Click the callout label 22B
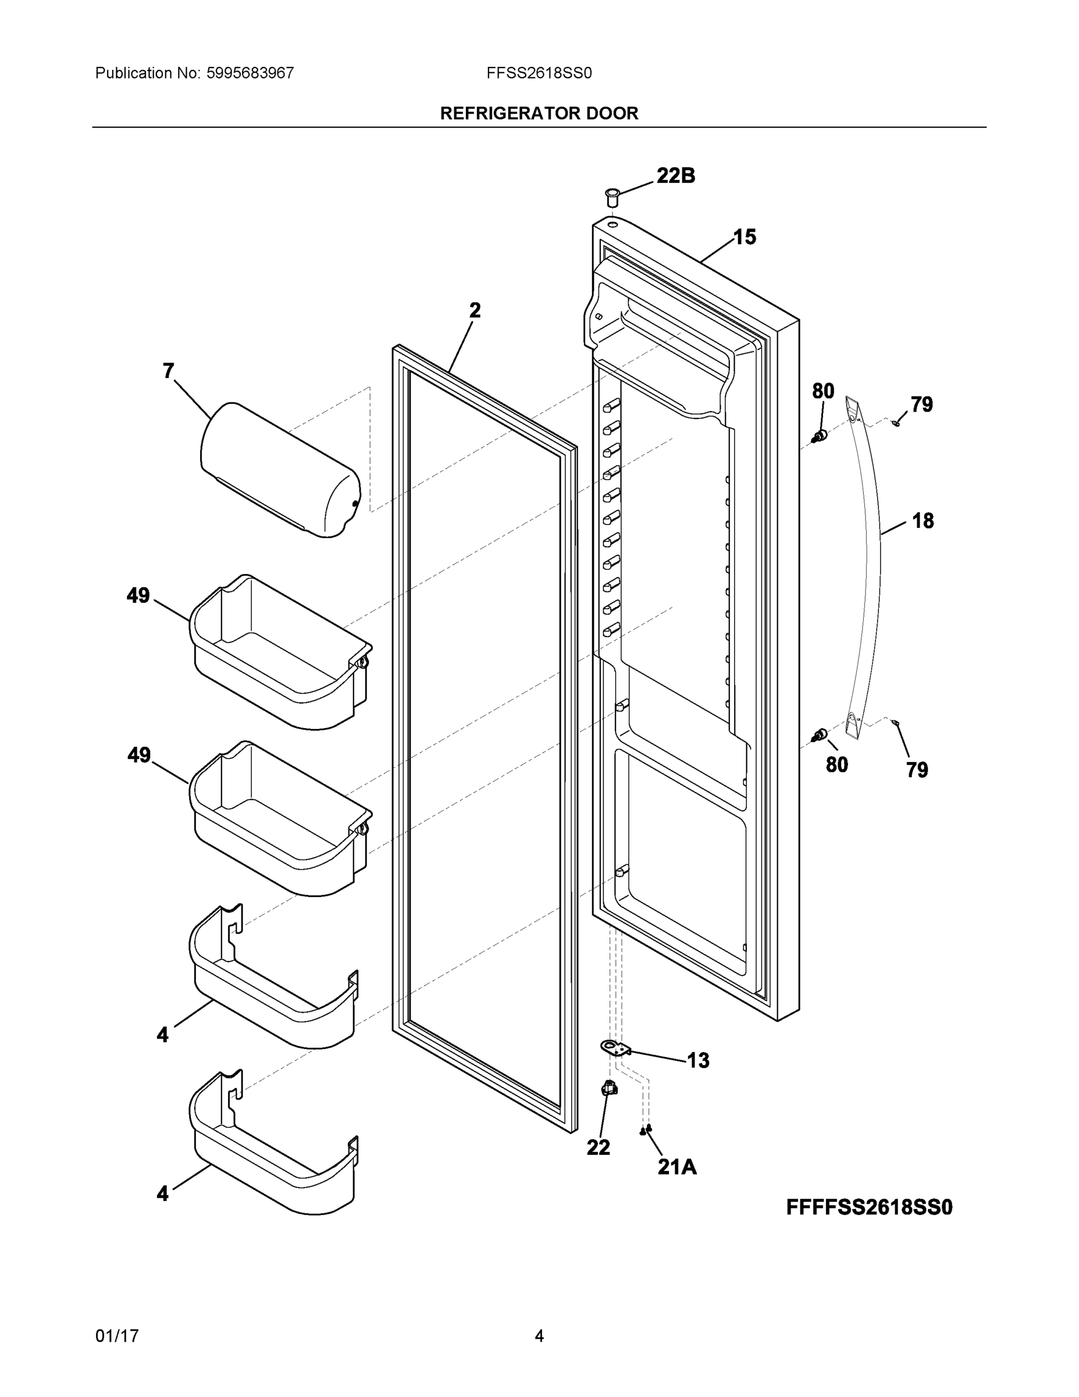676,175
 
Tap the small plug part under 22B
612,196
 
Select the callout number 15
744,237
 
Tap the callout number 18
923,521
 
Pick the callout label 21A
677,1167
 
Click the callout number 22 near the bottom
599,1147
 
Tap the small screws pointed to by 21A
646,1130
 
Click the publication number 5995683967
250,73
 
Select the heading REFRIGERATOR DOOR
539,114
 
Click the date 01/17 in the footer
117,1336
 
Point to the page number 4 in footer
539,1336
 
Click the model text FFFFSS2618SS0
868,1207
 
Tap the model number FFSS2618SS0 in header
539,73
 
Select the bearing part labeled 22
610,1087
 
